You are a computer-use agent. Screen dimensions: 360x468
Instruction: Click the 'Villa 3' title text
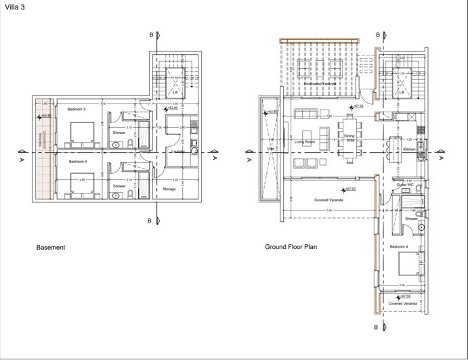(15, 7)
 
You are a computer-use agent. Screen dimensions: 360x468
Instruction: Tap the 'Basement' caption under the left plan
(51, 248)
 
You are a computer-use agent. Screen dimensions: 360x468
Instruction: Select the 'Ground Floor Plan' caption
(291, 247)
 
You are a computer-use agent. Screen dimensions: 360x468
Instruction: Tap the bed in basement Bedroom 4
(81, 185)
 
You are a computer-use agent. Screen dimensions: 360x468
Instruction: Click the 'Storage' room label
(169, 189)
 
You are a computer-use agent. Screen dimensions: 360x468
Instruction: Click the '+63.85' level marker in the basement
(172, 108)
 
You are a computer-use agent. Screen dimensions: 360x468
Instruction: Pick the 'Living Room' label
(305, 142)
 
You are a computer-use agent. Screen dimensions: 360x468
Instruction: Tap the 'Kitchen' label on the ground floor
(409, 149)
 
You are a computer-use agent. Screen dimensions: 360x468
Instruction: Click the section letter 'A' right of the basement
(215, 158)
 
